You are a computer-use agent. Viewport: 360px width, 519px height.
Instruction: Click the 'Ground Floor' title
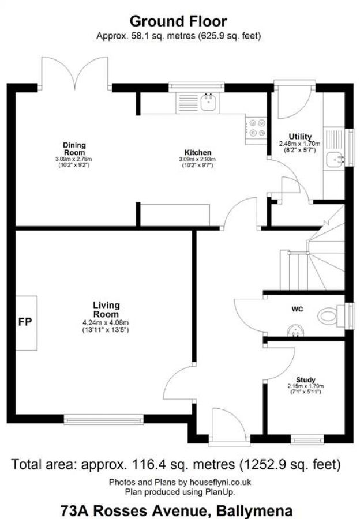pyautogui.click(x=178, y=21)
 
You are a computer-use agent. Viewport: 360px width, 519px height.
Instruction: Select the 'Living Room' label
pyautogui.click(x=106, y=309)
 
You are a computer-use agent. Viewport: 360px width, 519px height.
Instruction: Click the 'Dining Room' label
pyautogui.click(x=74, y=148)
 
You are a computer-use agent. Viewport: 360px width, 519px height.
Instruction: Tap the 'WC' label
pyautogui.click(x=297, y=309)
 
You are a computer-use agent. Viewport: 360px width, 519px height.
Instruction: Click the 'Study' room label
pyautogui.click(x=305, y=379)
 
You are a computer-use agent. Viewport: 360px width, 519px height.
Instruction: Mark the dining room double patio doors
pyautogui.click(x=75, y=74)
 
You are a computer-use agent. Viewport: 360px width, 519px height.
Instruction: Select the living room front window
pyautogui.click(x=104, y=420)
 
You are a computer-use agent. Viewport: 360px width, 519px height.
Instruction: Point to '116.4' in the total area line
pyautogui.click(x=149, y=464)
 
